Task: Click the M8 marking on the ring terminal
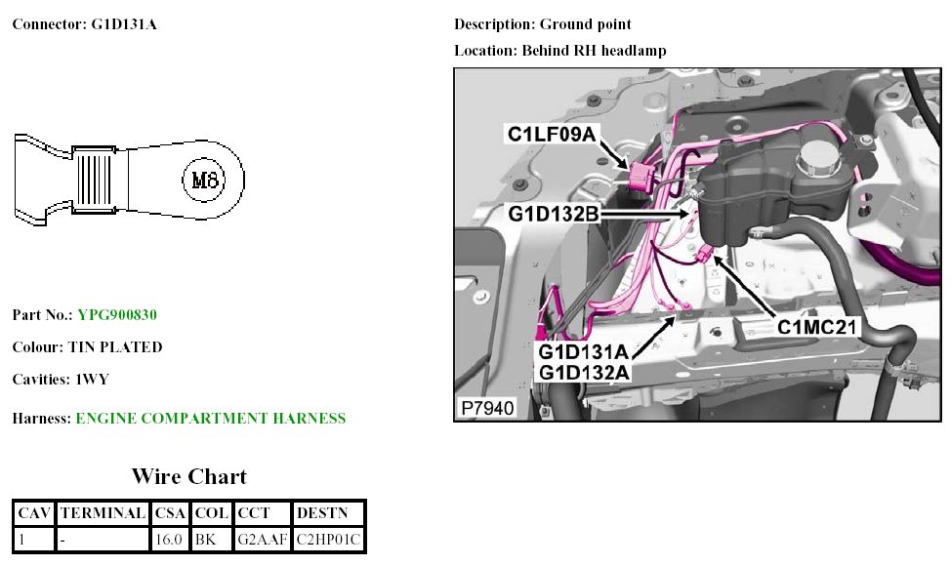click(x=206, y=180)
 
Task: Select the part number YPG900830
click(x=117, y=315)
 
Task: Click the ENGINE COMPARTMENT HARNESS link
click(x=210, y=419)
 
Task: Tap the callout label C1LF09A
click(x=551, y=134)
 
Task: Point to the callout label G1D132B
click(x=553, y=212)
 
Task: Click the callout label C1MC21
click(x=816, y=328)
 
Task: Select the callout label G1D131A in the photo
click(x=584, y=351)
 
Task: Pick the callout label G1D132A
click(x=584, y=372)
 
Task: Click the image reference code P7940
click(x=485, y=408)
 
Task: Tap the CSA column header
click(x=170, y=512)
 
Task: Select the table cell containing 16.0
click(x=170, y=538)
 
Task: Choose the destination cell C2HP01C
click(x=328, y=538)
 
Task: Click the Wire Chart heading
click(x=189, y=476)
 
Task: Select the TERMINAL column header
click(x=103, y=512)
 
